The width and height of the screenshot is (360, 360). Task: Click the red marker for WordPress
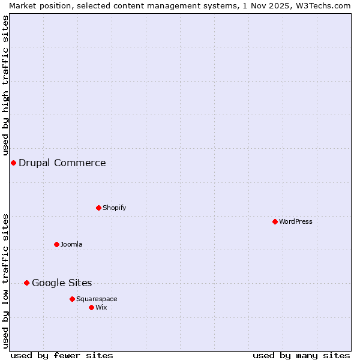[x=275, y=221]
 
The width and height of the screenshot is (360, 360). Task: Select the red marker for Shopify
[x=98, y=208]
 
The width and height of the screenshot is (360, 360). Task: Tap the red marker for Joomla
[x=56, y=244]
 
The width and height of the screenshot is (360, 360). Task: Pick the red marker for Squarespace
[x=72, y=299]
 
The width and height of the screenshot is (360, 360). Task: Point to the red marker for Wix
[x=91, y=307]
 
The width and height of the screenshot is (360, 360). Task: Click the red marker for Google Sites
[x=26, y=283]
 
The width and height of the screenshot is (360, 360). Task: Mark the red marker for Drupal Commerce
[x=13, y=163]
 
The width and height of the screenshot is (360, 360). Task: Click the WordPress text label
[x=295, y=221]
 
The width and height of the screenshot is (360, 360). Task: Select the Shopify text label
[x=114, y=208]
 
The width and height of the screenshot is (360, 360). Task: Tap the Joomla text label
[x=71, y=244]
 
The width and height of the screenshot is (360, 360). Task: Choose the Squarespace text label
[x=97, y=299]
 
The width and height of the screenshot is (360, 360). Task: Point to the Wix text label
[x=101, y=307]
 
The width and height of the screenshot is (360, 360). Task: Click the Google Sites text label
[x=62, y=283]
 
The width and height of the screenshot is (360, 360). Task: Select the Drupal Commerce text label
[x=62, y=163]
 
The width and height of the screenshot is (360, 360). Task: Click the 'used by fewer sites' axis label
[x=62, y=355]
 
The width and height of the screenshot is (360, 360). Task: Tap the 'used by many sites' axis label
[x=301, y=355]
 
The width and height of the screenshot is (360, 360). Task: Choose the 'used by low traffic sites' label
[x=5, y=281]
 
